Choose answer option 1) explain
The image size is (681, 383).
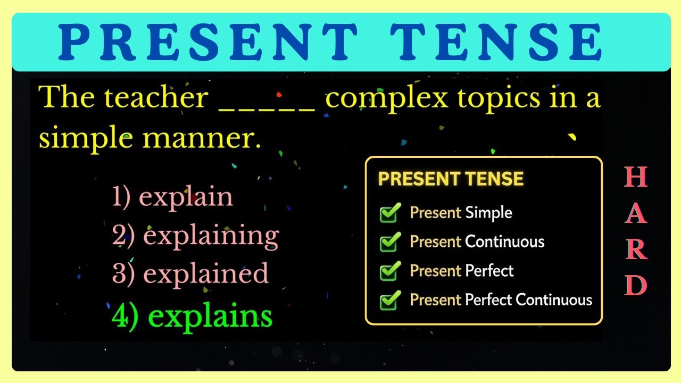point(173,197)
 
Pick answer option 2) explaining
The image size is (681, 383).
point(195,236)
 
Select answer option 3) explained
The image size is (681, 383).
point(190,274)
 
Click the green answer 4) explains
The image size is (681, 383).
point(192,316)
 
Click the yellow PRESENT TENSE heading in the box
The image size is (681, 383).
point(451,179)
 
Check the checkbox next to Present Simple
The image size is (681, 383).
point(389,213)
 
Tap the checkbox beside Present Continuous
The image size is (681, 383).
point(389,243)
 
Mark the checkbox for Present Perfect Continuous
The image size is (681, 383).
point(389,301)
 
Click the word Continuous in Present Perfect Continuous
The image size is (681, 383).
point(554,300)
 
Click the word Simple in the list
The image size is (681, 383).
point(488,213)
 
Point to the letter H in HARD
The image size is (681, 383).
point(636,177)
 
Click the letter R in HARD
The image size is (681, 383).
point(636,250)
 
